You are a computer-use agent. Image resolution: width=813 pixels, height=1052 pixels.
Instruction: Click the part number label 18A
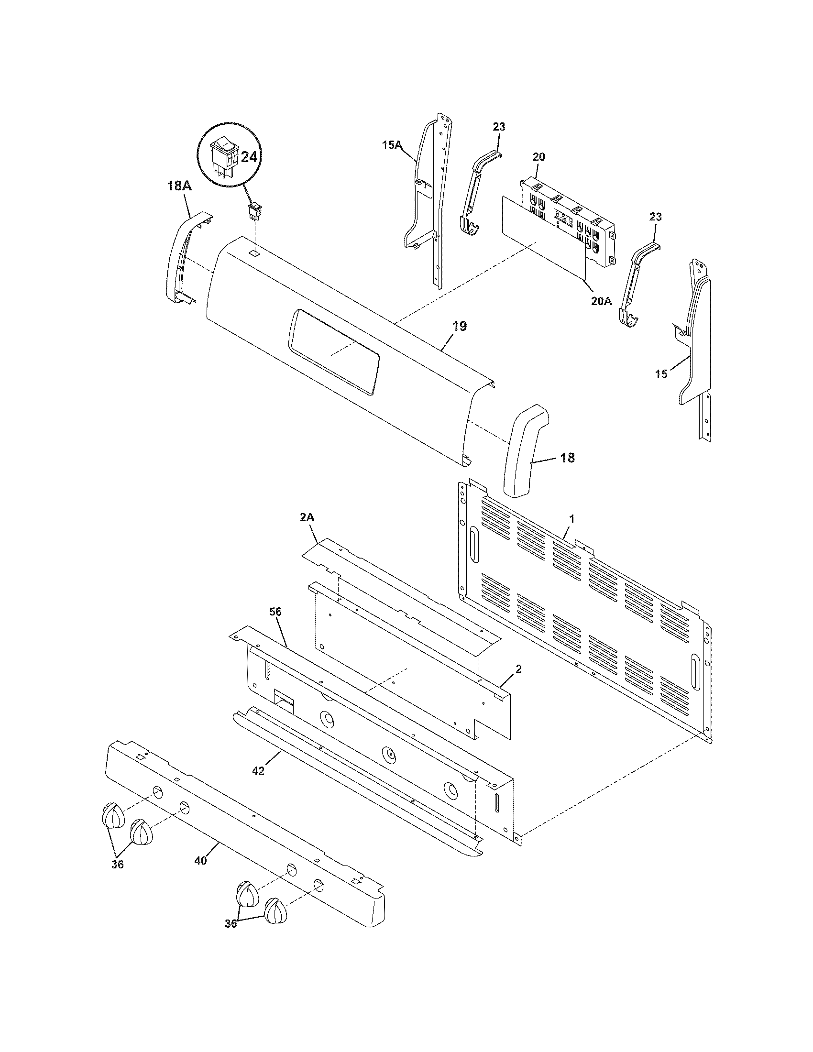(179, 186)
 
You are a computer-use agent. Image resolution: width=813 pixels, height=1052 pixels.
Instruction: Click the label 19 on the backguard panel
(460, 327)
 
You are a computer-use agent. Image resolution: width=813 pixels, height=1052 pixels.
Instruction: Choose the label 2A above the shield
(308, 517)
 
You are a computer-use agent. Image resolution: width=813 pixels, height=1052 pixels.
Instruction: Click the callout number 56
(275, 612)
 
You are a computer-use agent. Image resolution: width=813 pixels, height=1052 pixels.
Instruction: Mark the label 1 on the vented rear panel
(571, 519)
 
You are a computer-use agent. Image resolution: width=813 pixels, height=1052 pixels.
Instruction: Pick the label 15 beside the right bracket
(661, 373)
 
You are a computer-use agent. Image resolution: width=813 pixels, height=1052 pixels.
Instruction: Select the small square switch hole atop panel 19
(254, 252)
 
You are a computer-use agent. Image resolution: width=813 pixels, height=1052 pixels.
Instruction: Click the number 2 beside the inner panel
(518, 668)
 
